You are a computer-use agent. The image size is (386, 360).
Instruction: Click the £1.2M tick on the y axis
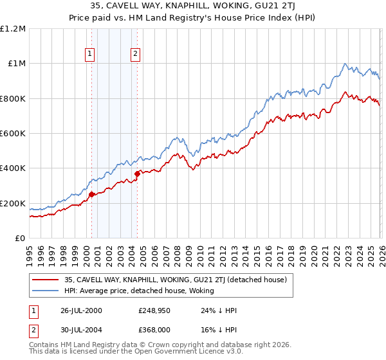pos(14,28)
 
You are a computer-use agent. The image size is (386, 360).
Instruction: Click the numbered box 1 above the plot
pos(89,54)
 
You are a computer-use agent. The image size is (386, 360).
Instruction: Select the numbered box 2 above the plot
pos(136,54)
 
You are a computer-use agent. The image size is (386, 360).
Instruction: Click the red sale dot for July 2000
pos(92,194)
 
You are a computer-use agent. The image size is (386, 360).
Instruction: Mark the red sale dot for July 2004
pos(137,174)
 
